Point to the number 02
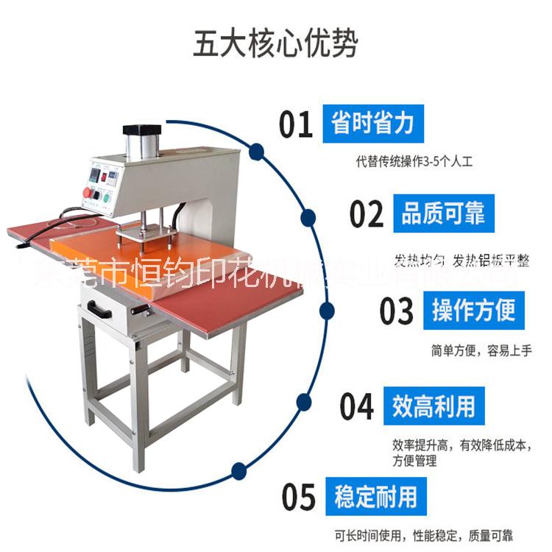coord(367,213)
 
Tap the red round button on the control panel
coord(91,192)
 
